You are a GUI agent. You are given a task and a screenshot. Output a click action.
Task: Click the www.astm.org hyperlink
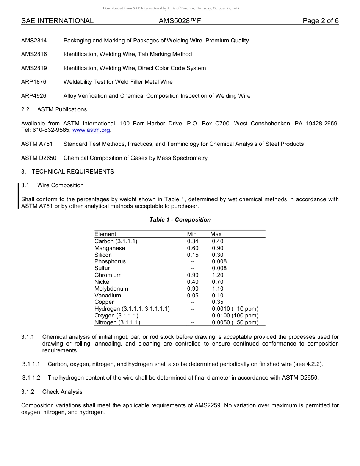coord(91,130)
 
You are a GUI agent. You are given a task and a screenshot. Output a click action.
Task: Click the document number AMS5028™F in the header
coord(180,21)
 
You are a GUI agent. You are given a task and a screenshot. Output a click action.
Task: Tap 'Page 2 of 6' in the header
coord(320,21)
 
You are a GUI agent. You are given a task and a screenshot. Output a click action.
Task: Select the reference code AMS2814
coord(34,41)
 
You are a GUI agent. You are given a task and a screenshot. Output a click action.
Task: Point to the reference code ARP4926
coord(34,96)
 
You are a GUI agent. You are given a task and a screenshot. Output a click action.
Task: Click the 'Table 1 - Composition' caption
coord(180,220)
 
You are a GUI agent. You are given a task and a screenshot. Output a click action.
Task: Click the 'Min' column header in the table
coord(192,234)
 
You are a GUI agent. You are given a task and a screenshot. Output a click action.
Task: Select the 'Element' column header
coord(105,234)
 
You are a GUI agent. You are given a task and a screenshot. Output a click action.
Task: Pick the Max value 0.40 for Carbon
coord(218,241)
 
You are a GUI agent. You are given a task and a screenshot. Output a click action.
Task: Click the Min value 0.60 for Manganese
coord(193,248)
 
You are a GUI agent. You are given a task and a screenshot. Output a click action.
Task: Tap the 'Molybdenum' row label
coord(111,289)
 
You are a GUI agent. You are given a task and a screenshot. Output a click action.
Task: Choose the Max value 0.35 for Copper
coord(218,302)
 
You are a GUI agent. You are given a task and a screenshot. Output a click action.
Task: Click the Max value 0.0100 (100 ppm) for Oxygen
coord(235,316)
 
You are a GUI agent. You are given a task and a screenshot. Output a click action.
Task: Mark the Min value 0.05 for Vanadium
coord(193,296)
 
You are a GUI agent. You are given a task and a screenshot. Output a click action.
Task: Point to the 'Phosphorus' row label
coord(110,261)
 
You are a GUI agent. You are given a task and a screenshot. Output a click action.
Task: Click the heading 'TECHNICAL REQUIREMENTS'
coord(73,172)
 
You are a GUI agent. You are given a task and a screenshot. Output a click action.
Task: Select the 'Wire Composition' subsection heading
coord(60,185)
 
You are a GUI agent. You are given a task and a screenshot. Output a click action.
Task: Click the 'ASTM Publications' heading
coord(62,109)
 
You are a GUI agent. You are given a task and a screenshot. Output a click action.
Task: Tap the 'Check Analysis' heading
coord(62,392)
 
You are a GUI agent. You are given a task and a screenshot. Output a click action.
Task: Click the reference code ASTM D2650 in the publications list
coord(39,158)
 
